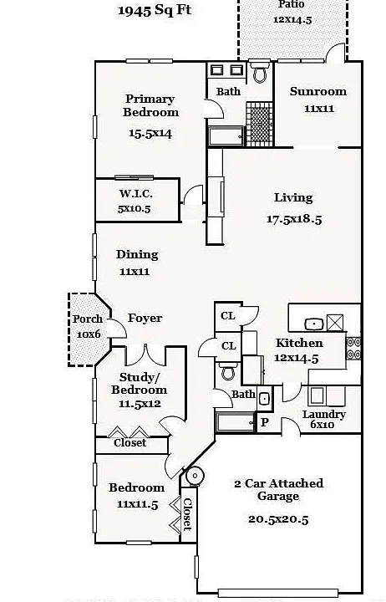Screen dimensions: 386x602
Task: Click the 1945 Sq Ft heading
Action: click(155, 10)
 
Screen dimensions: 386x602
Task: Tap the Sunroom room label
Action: click(318, 91)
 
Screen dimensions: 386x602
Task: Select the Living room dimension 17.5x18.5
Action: click(294, 219)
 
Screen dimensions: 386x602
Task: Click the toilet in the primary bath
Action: click(260, 72)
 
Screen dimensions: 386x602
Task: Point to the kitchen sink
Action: click(314, 324)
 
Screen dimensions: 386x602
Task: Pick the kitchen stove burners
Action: click(353, 348)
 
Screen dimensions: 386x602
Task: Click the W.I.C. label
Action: click(135, 193)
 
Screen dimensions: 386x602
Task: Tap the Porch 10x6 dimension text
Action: click(89, 334)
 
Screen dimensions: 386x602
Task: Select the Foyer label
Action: click(145, 318)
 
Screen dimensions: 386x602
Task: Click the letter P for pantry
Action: click(265, 422)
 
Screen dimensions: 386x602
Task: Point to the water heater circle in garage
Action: click(195, 476)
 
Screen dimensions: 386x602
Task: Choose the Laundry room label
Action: click(324, 414)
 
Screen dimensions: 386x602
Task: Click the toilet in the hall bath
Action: click(228, 371)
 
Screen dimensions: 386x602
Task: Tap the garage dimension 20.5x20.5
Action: click(278, 519)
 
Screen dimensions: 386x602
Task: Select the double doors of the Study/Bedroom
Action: click(146, 355)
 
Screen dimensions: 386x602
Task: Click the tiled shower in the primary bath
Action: click(259, 124)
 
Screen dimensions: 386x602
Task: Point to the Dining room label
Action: click(137, 254)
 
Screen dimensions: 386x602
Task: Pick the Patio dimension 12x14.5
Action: click(292, 19)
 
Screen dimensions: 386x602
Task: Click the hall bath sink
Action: click(264, 399)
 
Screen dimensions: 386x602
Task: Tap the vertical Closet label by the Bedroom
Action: click(187, 514)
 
